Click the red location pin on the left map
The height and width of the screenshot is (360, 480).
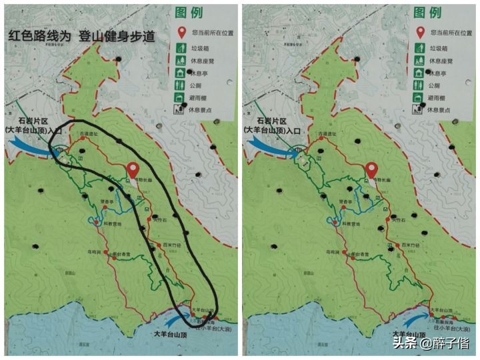coord(133,171)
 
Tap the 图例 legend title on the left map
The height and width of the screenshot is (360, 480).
coord(190,13)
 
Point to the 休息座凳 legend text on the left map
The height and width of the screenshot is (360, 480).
coord(205,61)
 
